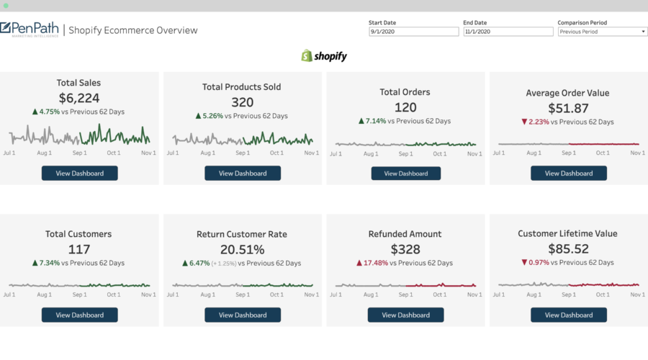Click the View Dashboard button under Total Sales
(79, 173)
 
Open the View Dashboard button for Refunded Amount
(405, 315)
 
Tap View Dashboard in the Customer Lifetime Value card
(568, 315)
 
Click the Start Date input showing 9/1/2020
(413, 32)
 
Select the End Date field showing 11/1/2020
(508, 32)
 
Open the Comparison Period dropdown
(602, 32)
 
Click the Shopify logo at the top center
(324, 55)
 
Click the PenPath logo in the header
(30, 30)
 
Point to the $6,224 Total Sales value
(79, 98)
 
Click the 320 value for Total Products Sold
(243, 102)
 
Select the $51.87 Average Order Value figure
(567, 108)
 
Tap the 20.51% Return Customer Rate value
(243, 249)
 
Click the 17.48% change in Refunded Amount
(374, 263)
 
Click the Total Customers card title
(79, 234)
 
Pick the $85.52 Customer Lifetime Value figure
(567, 249)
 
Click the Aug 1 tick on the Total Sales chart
(45, 153)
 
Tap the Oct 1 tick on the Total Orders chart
(439, 153)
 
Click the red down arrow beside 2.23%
(525, 122)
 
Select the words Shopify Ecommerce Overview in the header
(133, 30)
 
